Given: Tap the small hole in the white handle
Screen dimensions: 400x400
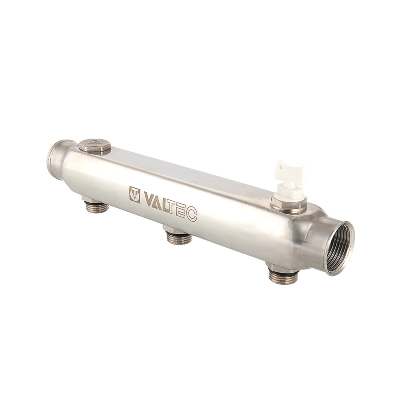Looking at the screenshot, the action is click(x=280, y=166).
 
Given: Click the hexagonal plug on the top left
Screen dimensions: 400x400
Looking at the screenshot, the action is click(x=95, y=148).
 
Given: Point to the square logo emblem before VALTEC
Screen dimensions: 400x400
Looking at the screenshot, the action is click(x=135, y=193).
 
